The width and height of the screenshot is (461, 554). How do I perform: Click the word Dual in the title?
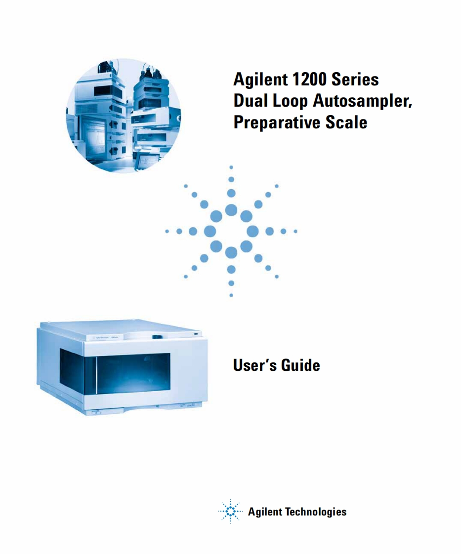click(x=249, y=101)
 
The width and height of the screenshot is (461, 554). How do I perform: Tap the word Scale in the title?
click(x=346, y=122)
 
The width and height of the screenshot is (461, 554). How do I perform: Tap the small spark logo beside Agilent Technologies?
click(x=230, y=511)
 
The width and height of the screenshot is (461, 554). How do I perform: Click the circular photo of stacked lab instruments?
click(x=124, y=116)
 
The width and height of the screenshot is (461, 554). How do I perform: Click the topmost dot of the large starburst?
click(x=231, y=167)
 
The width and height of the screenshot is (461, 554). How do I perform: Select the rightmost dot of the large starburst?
click(x=295, y=232)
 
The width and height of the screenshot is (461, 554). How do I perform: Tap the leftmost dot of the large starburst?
click(x=167, y=232)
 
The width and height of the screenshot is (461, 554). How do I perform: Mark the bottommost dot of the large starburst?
click(x=231, y=295)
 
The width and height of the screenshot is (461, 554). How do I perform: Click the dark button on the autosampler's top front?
click(x=156, y=337)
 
